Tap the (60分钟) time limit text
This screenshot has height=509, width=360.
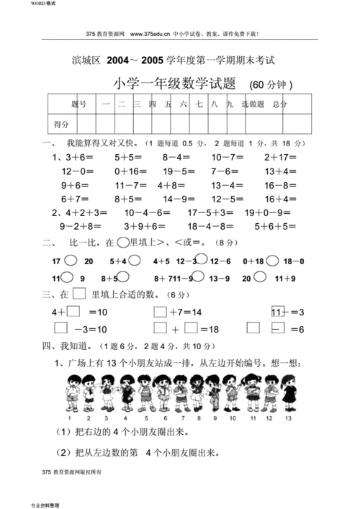271,85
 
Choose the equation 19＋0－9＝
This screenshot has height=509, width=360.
267,212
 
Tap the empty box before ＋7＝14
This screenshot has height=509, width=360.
160,312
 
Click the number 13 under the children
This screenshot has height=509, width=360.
288,418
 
